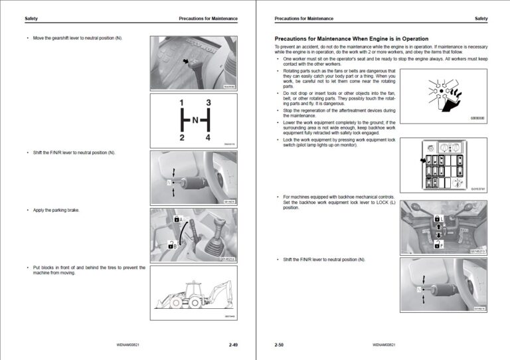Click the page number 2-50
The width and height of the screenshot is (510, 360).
(x=279, y=345)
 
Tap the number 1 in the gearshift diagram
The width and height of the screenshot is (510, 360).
(x=181, y=103)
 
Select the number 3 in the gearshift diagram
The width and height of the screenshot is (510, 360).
(x=209, y=103)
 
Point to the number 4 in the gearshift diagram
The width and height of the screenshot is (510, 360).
(x=209, y=137)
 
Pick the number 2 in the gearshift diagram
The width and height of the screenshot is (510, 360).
(x=181, y=137)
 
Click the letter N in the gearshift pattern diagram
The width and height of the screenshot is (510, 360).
(x=195, y=120)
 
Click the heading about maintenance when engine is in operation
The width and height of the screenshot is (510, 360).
(x=351, y=39)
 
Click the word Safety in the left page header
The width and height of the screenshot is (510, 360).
(x=31, y=19)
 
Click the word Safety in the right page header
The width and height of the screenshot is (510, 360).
(x=481, y=19)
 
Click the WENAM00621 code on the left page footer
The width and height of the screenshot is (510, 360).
(x=128, y=345)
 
